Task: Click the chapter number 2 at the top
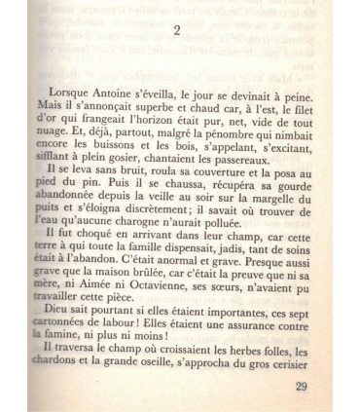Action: pos(177,30)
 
